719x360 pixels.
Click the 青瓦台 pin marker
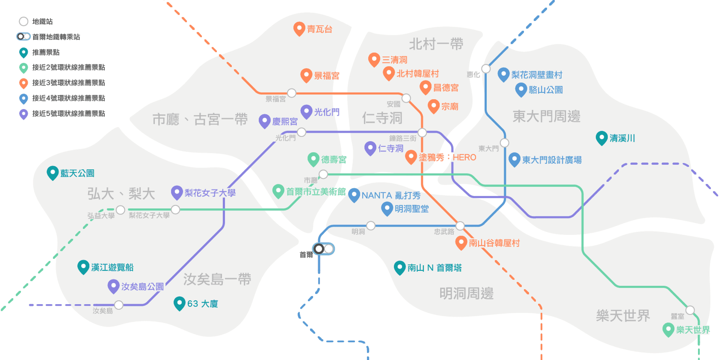299,28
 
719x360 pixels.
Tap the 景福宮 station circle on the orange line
292,93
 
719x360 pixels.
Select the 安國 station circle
406,99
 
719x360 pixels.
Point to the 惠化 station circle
486,69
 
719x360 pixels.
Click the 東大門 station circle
504,143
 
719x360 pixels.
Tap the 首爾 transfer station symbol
324,249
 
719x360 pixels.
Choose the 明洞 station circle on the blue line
371,226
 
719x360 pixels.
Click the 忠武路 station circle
460,226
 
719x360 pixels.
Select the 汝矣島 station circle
119,305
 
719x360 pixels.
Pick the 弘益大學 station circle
120,210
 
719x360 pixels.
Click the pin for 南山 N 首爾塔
400,267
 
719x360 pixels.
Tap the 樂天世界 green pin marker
668,329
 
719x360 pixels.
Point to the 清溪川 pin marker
601,137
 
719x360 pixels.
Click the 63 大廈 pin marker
179,303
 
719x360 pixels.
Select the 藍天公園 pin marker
52,172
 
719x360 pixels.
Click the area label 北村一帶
436,44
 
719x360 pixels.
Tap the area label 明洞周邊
466,293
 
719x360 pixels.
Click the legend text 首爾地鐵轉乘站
56,37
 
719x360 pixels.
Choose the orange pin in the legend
24,83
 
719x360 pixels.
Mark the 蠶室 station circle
690,310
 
